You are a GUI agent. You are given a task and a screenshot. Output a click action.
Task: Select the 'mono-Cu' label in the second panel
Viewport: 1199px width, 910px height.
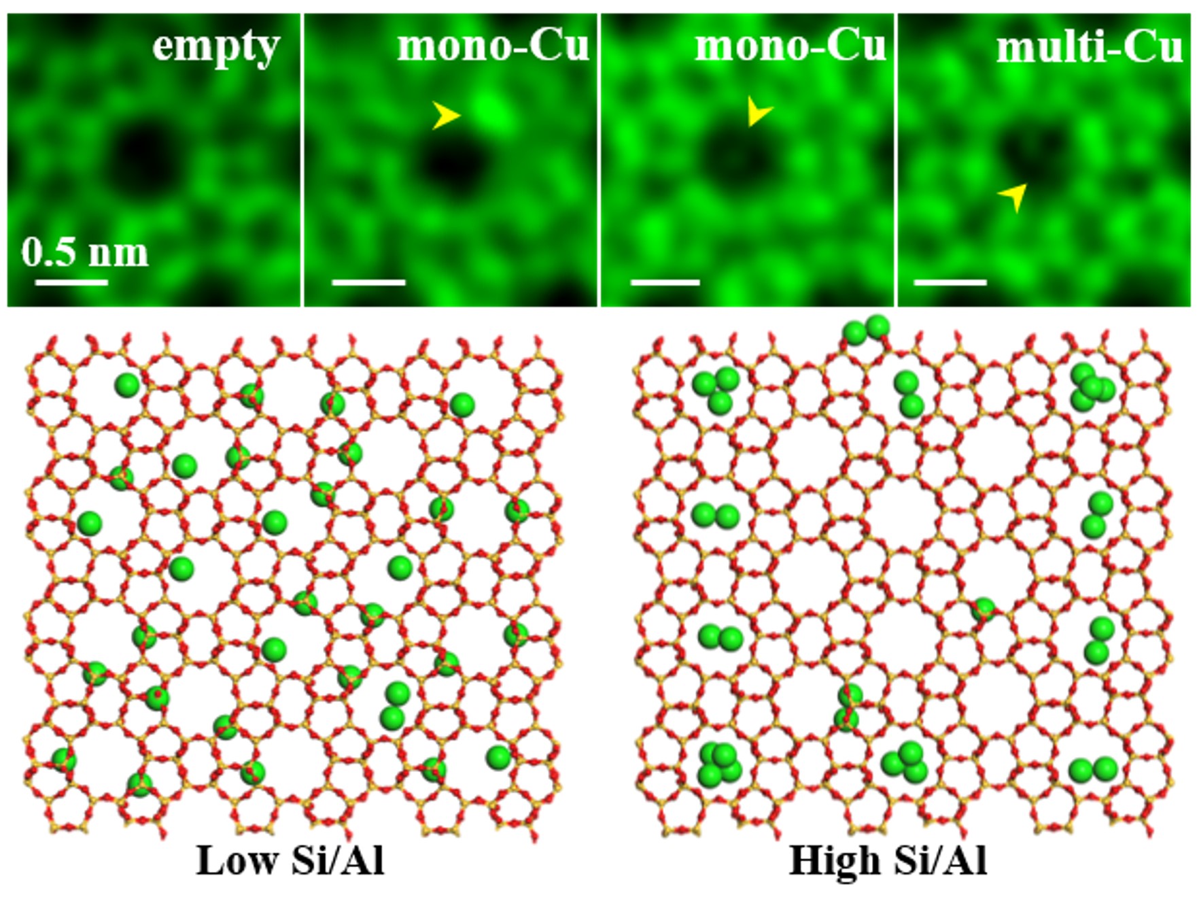493,46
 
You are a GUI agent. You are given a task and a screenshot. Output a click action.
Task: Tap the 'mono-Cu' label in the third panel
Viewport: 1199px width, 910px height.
790,46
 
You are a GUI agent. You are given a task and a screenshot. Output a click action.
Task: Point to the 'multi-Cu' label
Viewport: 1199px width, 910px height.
1089,48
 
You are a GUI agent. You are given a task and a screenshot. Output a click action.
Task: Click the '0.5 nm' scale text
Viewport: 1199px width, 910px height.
85,252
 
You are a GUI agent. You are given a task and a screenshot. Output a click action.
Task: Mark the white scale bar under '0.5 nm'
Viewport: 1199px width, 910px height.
71,282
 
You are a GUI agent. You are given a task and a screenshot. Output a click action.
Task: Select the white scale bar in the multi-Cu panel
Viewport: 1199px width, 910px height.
950,282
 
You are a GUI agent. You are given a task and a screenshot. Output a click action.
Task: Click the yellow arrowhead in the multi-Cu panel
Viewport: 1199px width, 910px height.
1013,197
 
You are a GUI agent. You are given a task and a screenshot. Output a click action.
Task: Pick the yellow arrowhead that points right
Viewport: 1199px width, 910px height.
446,116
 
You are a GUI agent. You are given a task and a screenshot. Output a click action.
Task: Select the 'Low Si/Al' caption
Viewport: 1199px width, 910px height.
290,860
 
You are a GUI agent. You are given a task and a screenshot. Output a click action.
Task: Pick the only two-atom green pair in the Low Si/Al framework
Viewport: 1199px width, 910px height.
394,706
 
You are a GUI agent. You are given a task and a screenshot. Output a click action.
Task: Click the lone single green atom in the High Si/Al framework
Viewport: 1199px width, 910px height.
983,609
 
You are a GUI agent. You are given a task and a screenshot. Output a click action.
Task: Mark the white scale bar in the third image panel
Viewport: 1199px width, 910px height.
665,282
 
